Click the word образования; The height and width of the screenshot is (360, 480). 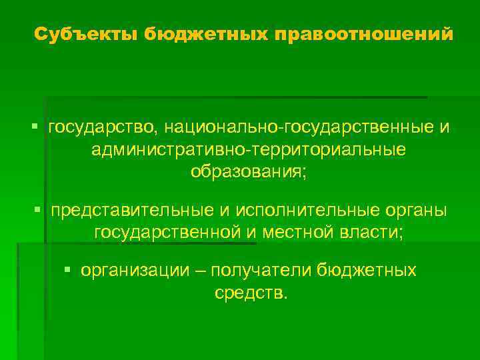(249, 172)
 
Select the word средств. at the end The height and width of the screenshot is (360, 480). (251, 293)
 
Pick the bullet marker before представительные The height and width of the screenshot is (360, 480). (37, 210)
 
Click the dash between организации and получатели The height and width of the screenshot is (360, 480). (201, 270)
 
